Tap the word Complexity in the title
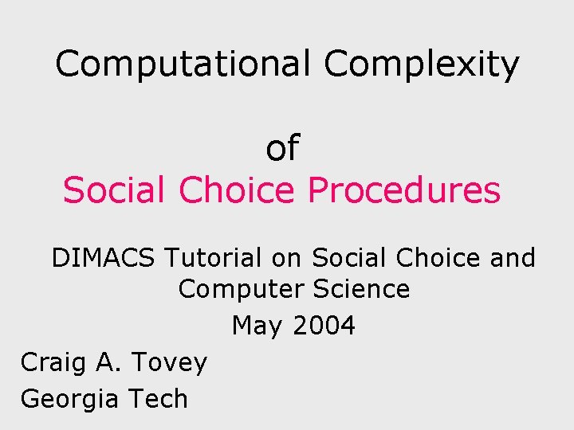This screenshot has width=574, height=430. point(421,64)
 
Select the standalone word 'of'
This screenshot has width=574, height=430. point(281,148)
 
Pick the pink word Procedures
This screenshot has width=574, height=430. point(403,191)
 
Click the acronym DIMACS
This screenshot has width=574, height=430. point(104,258)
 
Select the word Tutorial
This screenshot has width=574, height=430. point(213,258)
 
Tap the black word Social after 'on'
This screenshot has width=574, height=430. point(348,258)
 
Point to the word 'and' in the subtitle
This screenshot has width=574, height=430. point(512,258)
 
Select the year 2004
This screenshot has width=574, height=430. point(323,326)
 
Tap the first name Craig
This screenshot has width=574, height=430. point(50,362)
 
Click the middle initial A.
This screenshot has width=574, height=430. point(104,362)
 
